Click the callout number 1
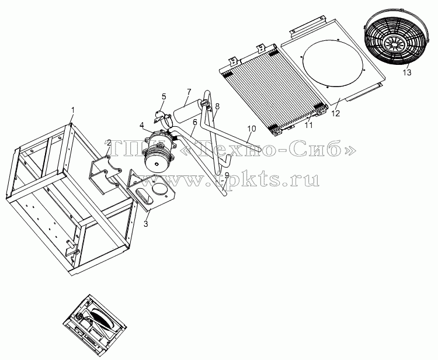pos(72,110)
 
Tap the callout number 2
pos(109,143)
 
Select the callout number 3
pos(146,224)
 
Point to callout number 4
pos(142,124)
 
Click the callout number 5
pos(164,96)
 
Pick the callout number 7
pos(189,92)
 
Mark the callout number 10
pos(251,129)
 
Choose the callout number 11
pos(308,125)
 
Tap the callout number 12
pos(335,113)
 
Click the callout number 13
pos(407,72)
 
